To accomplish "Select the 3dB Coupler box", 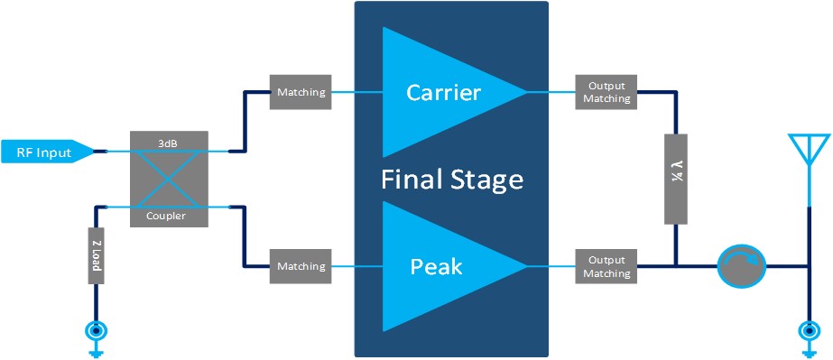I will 169,179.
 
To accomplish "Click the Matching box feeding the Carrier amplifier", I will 301,92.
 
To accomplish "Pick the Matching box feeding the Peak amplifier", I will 301,266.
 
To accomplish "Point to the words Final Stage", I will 451,179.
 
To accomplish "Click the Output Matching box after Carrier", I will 606,92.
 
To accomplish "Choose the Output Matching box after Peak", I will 606,266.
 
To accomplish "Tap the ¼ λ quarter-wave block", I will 676,179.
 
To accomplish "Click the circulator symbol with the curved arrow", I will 741,266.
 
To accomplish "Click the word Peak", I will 436,266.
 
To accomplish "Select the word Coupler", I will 169,217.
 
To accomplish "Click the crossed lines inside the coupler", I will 169,179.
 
